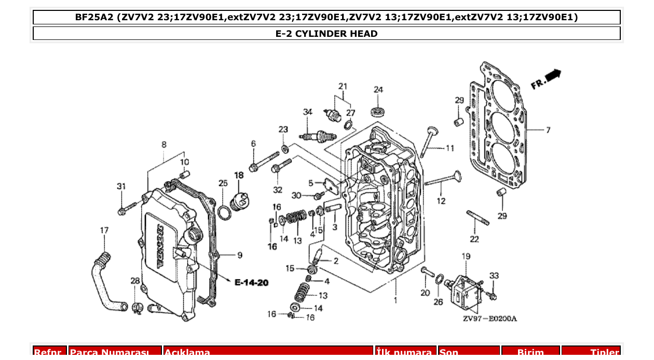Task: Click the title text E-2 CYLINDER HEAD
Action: coord(326,34)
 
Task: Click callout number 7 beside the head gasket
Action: coord(548,130)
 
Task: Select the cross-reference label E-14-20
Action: coord(251,283)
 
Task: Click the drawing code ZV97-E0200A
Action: coord(489,319)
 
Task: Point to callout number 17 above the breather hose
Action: coord(104,230)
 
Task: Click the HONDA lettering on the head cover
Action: coord(159,246)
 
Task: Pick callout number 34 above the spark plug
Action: coord(308,112)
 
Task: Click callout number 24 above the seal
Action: coord(378,90)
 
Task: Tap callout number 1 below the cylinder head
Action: coord(395,300)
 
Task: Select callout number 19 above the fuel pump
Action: coord(466,256)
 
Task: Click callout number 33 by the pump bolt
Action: coord(494,275)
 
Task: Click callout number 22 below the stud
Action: coord(474,239)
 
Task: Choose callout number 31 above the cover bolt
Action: coord(121,187)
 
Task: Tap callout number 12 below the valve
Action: coord(441,201)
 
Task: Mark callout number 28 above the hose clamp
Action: coord(135,281)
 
